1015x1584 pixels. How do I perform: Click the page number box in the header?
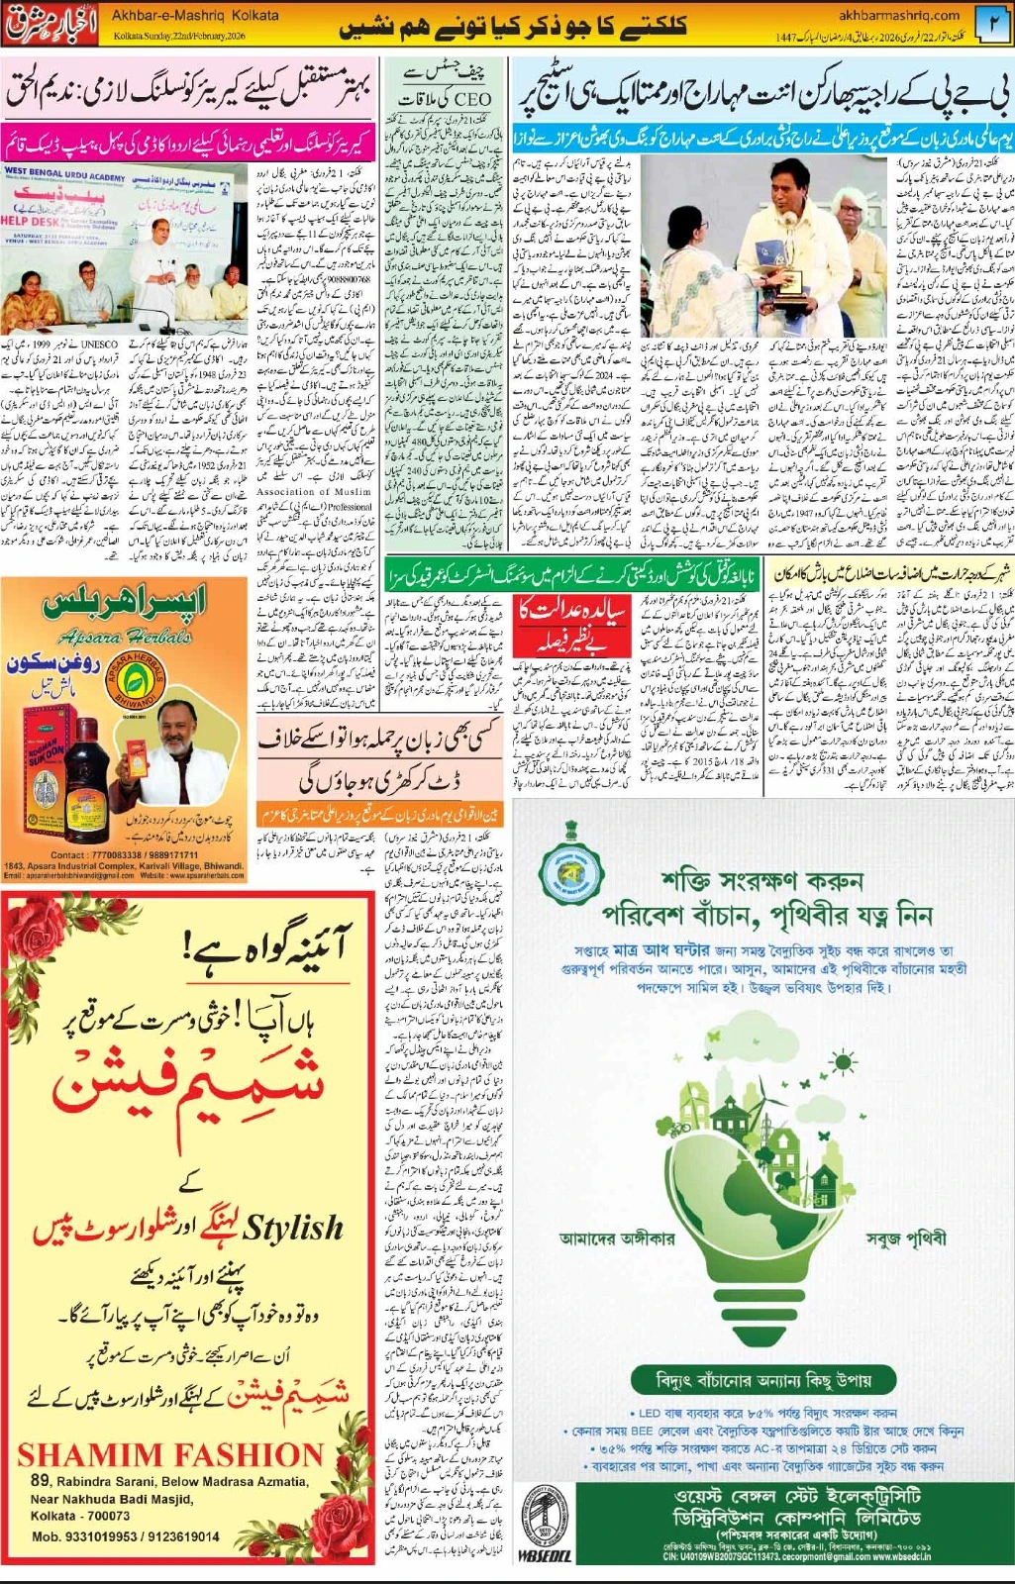point(992,25)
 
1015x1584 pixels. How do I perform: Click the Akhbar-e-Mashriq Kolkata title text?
point(195,16)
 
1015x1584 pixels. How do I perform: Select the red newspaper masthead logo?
point(52,25)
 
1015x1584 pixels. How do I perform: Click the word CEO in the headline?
point(473,99)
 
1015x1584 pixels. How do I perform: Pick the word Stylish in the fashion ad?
point(293,1228)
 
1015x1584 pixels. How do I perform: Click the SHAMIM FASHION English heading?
point(170,1454)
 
